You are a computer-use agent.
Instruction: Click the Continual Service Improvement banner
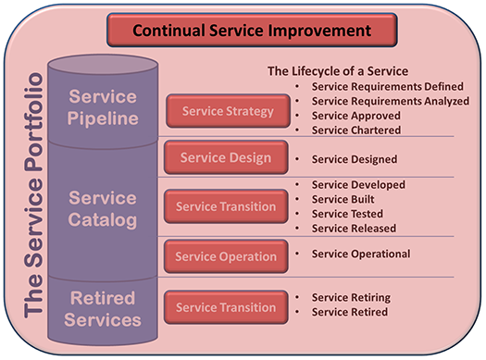coord(252,30)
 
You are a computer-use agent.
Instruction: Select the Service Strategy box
coord(215,112)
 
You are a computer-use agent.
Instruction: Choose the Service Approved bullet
coord(355,116)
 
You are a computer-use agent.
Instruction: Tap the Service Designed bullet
coord(355,159)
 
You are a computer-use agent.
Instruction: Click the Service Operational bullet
coord(361,254)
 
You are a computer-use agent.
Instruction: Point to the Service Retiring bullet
coord(351,298)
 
